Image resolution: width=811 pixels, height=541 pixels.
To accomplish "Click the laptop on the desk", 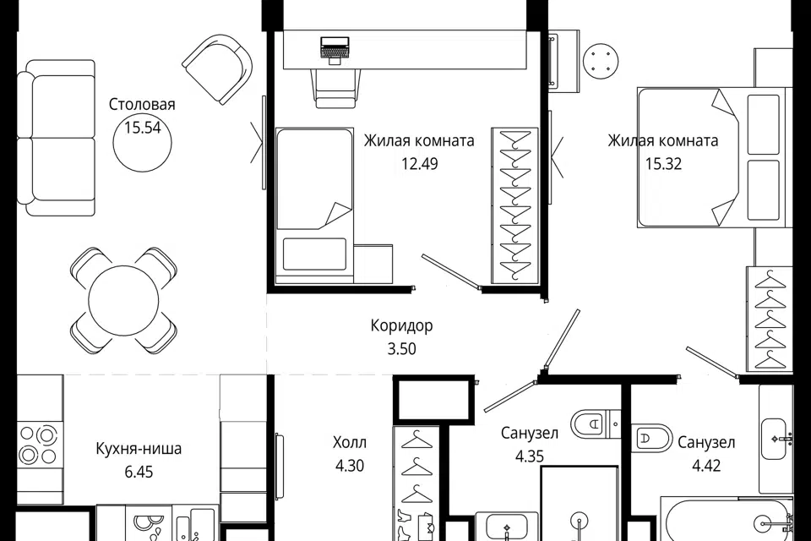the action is [x=335, y=50].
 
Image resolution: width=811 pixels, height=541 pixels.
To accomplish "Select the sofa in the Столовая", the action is [x=56, y=138].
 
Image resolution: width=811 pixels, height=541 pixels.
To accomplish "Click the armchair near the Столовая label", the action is [x=218, y=68].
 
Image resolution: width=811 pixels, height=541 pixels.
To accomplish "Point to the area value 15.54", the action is [x=143, y=128].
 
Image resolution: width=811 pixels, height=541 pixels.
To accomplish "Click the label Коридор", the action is [x=402, y=325].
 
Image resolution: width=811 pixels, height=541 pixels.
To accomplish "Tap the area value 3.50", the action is [x=402, y=349].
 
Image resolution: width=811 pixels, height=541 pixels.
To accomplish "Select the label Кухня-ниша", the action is [x=139, y=448].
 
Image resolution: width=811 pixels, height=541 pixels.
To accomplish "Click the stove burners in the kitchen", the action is [x=38, y=444].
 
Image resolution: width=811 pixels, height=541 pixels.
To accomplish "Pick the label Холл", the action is [x=350, y=443].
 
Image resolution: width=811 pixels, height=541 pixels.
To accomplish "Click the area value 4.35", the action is [x=530, y=456].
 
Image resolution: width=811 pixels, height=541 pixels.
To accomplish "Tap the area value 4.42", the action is [x=706, y=466].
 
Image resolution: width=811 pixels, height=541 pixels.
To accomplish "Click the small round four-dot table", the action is [x=601, y=61].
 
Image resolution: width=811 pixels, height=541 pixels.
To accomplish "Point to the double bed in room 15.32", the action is [x=712, y=158].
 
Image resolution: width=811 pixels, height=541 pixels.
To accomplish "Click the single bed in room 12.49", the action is [x=314, y=205].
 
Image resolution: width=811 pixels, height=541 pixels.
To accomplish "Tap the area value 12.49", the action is [x=420, y=164].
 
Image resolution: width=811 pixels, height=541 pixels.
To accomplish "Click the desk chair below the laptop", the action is [x=335, y=88].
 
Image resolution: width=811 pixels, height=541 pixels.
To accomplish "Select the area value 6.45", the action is [x=139, y=473].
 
